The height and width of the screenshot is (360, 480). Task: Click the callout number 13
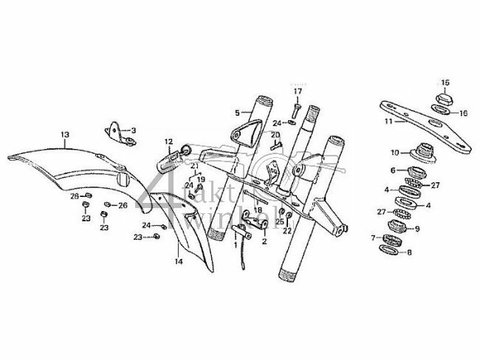pos(64,134)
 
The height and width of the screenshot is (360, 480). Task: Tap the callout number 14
pos(177,261)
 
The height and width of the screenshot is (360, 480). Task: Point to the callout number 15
pos(445,81)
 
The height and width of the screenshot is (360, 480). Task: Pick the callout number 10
pos(395,153)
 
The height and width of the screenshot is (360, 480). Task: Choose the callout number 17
pos(298,91)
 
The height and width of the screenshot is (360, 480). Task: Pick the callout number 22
pos(287,230)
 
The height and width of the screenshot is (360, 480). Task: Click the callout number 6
pos(393,170)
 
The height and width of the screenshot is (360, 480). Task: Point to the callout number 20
pos(274,135)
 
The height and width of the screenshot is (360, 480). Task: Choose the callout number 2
pos(263,240)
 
